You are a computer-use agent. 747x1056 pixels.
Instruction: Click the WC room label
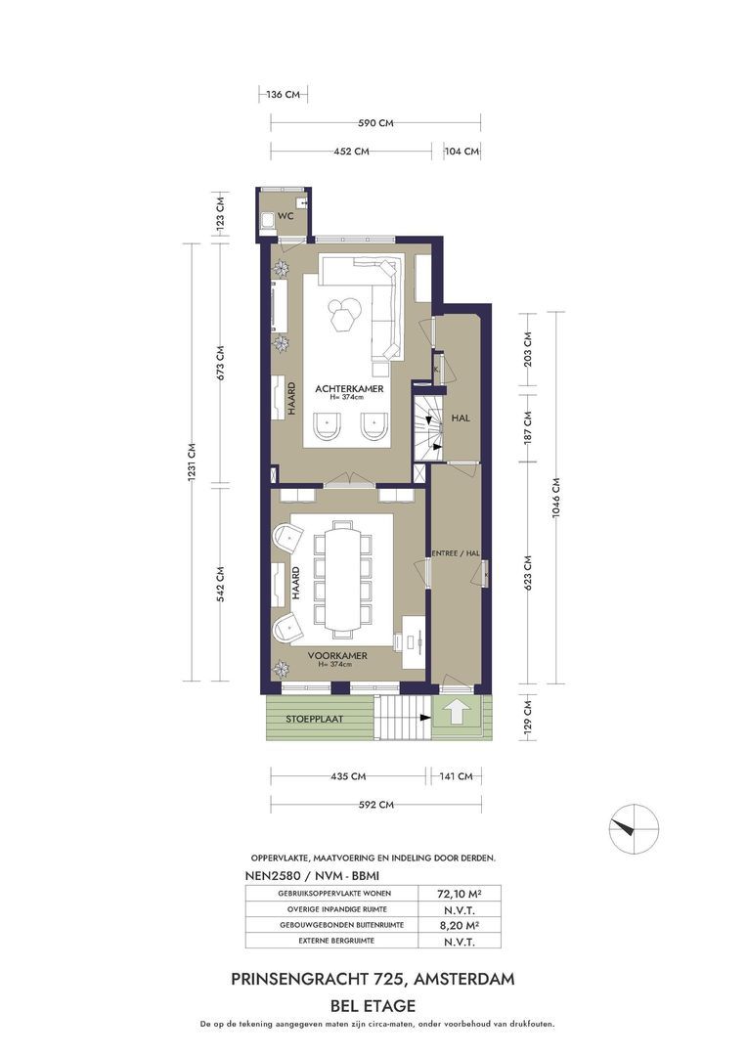pyautogui.click(x=286, y=216)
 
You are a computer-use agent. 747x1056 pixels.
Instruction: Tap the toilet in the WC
pyautogui.click(x=268, y=220)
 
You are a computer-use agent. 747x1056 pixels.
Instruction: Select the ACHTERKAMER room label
pyautogui.click(x=349, y=388)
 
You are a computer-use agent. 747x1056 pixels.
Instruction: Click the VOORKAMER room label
pyautogui.click(x=336, y=655)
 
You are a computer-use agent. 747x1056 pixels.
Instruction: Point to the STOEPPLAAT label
pyautogui.click(x=314, y=719)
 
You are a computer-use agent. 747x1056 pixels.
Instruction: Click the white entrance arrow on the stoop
pyautogui.click(x=456, y=711)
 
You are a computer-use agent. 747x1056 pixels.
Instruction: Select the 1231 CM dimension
pyautogui.click(x=192, y=462)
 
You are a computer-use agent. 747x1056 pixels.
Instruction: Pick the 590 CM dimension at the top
pyautogui.click(x=375, y=123)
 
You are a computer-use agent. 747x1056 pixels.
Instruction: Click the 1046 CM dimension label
pyautogui.click(x=555, y=498)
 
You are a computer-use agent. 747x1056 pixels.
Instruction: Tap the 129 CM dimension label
pyautogui.click(x=527, y=716)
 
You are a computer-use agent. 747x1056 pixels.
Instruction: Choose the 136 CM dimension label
pyautogui.click(x=283, y=95)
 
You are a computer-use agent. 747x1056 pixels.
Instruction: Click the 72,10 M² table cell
pyautogui.click(x=460, y=894)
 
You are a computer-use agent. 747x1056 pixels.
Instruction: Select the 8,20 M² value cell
pyautogui.click(x=460, y=925)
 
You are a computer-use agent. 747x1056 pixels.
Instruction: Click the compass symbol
pyautogui.click(x=634, y=829)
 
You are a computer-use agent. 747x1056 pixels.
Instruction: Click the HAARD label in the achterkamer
pyautogui.click(x=292, y=399)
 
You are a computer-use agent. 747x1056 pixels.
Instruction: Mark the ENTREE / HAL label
pyautogui.click(x=456, y=553)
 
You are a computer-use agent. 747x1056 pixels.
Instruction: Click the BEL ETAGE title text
pyautogui.click(x=373, y=1006)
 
